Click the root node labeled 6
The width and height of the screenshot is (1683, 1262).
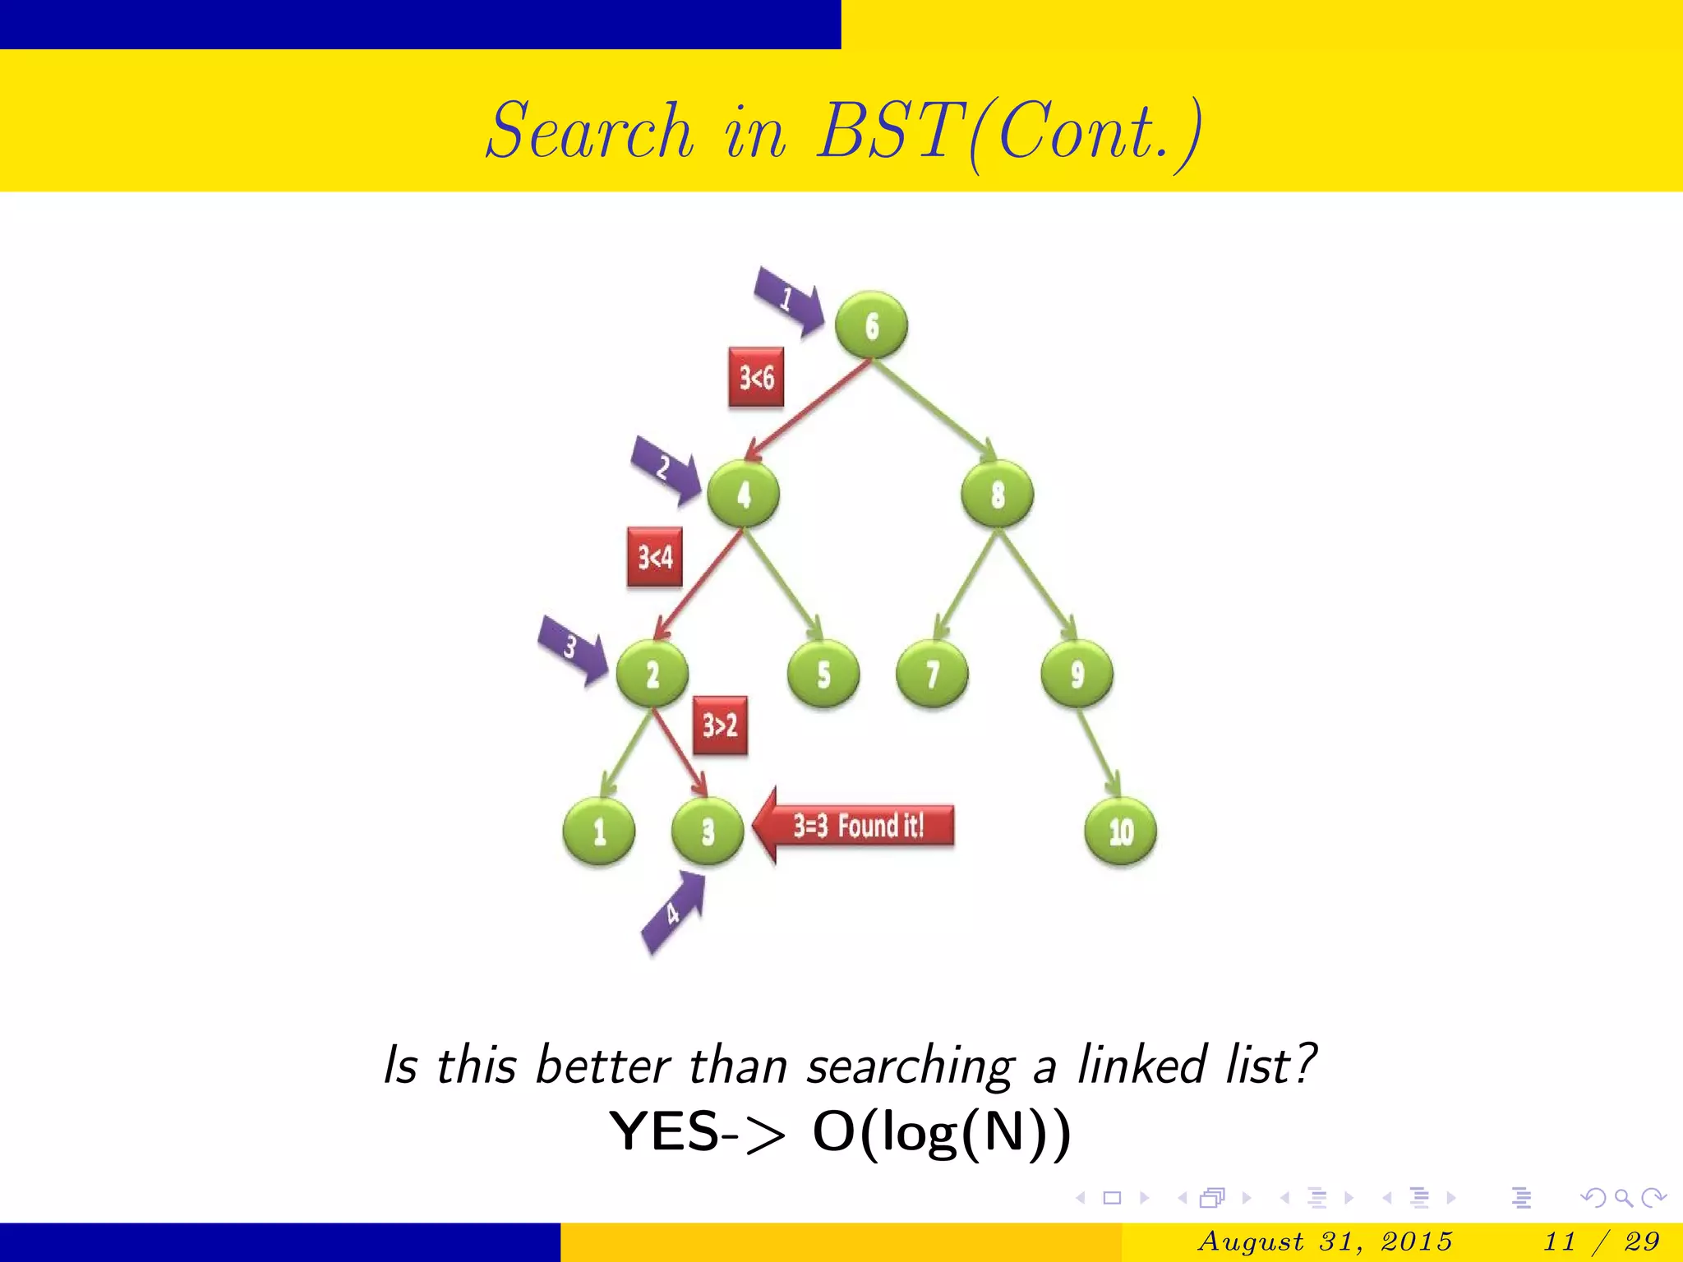(871, 325)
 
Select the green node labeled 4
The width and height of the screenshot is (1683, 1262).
(743, 495)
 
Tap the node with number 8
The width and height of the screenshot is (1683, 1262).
(997, 495)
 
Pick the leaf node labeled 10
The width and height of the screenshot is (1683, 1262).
(1120, 831)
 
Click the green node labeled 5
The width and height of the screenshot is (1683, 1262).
(823, 675)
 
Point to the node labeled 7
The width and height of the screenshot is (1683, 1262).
(932, 675)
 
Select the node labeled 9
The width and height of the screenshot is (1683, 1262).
(1077, 675)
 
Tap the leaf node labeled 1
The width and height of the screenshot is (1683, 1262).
(599, 831)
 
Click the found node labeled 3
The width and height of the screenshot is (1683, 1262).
(708, 831)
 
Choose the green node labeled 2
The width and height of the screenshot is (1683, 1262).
(652, 675)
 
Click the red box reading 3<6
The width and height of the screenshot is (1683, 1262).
(756, 378)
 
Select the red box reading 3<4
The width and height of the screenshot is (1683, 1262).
(655, 557)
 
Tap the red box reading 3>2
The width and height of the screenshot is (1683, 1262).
(720, 725)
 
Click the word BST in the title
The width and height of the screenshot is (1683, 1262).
(892, 131)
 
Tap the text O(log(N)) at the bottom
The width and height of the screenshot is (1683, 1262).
(942, 1132)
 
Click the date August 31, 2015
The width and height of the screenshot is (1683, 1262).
(1325, 1241)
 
